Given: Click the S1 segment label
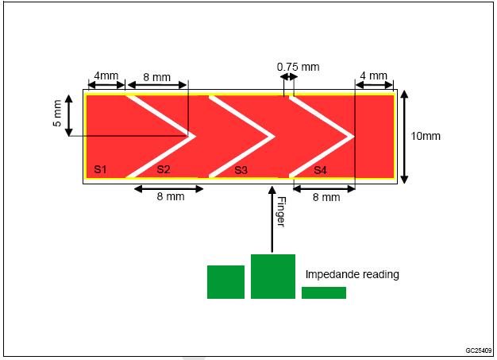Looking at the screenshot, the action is [100, 169].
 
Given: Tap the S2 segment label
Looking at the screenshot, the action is [164, 169].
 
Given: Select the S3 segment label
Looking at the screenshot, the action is [241, 170].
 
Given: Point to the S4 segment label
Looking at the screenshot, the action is [320, 170].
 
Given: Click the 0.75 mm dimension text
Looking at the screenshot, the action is [298, 67].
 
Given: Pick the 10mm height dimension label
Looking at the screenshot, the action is [426, 136].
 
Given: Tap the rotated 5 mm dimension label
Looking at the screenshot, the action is [57, 113].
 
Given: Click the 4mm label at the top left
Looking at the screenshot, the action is [106, 75].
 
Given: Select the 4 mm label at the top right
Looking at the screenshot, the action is [373, 75].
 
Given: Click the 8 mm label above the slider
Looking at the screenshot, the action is [156, 77].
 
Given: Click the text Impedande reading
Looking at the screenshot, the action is [353, 274].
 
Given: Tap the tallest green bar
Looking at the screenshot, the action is [273, 277].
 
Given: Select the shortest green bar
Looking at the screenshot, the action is [324, 292].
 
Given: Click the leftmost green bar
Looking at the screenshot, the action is [225, 282].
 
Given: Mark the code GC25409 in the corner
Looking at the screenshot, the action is [479, 350].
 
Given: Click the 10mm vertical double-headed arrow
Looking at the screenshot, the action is [404, 137].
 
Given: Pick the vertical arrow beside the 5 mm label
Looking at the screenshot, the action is [69, 115].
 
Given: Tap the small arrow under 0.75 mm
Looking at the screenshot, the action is [289, 77].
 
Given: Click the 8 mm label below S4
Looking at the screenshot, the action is [326, 197].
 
